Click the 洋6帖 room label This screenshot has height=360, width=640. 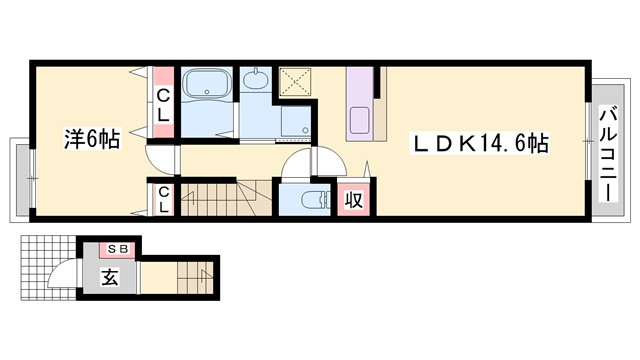92,139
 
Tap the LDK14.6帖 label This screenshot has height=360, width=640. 480,143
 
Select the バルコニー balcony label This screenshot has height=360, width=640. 609,153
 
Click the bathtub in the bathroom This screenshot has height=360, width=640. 207,84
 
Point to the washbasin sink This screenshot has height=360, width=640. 255,80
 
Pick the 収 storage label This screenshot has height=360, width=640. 353,200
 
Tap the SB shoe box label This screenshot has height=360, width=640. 118,248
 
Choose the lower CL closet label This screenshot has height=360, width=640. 163,199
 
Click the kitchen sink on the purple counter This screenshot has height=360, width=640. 360,120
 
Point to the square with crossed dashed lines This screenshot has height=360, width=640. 296,82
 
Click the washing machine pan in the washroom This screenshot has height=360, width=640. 296,121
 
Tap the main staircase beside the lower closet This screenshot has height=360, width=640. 226,199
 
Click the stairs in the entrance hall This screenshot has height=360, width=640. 195,278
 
